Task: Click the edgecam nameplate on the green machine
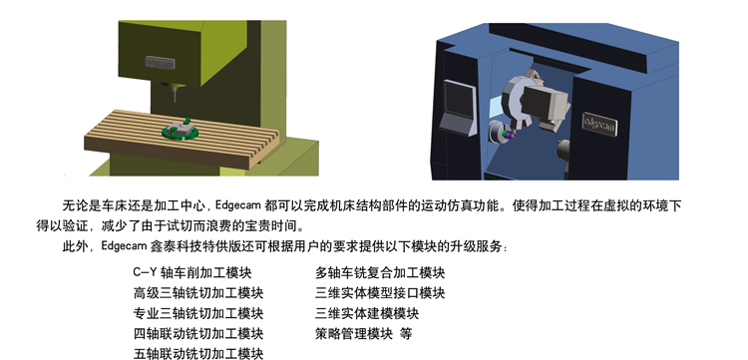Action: (x=160, y=63)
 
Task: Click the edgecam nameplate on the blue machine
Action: (x=599, y=125)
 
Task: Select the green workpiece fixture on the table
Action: (x=180, y=130)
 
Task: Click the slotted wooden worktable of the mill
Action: (x=182, y=139)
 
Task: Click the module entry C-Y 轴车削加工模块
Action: (x=192, y=272)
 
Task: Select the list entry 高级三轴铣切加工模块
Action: (x=198, y=293)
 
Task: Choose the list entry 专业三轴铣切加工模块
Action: (x=198, y=313)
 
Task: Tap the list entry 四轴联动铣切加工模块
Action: (x=198, y=333)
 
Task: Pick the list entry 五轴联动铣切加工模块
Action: (x=198, y=353)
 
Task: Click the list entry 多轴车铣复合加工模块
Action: (x=380, y=272)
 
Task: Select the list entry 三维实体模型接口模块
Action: (x=380, y=293)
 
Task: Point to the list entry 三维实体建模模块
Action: (x=367, y=313)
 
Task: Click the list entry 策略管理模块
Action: (x=354, y=333)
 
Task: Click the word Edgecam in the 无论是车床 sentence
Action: (x=238, y=206)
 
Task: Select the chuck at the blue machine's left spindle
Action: (x=498, y=132)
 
